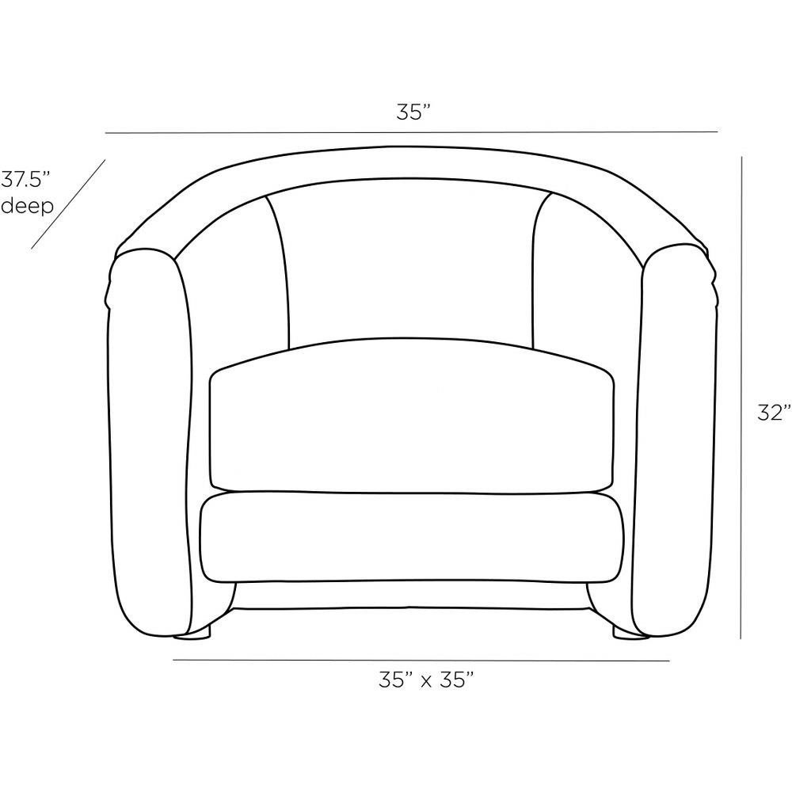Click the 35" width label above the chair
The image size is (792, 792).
pyautogui.click(x=413, y=112)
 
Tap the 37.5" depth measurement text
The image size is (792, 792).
pyautogui.click(x=26, y=179)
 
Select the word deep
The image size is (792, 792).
pyautogui.click(x=27, y=206)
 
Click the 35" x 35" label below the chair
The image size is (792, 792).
pyautogui.click(x=426, y=680)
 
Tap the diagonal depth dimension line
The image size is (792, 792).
pyautogui.click(x=68, y=204)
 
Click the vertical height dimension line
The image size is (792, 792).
pyautogui.click(x=741, y=398)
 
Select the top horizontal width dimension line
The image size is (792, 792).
pyautogui.click(x=411, y=133)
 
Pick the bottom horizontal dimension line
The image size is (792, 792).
pyautogui.click(x=421, y=661)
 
